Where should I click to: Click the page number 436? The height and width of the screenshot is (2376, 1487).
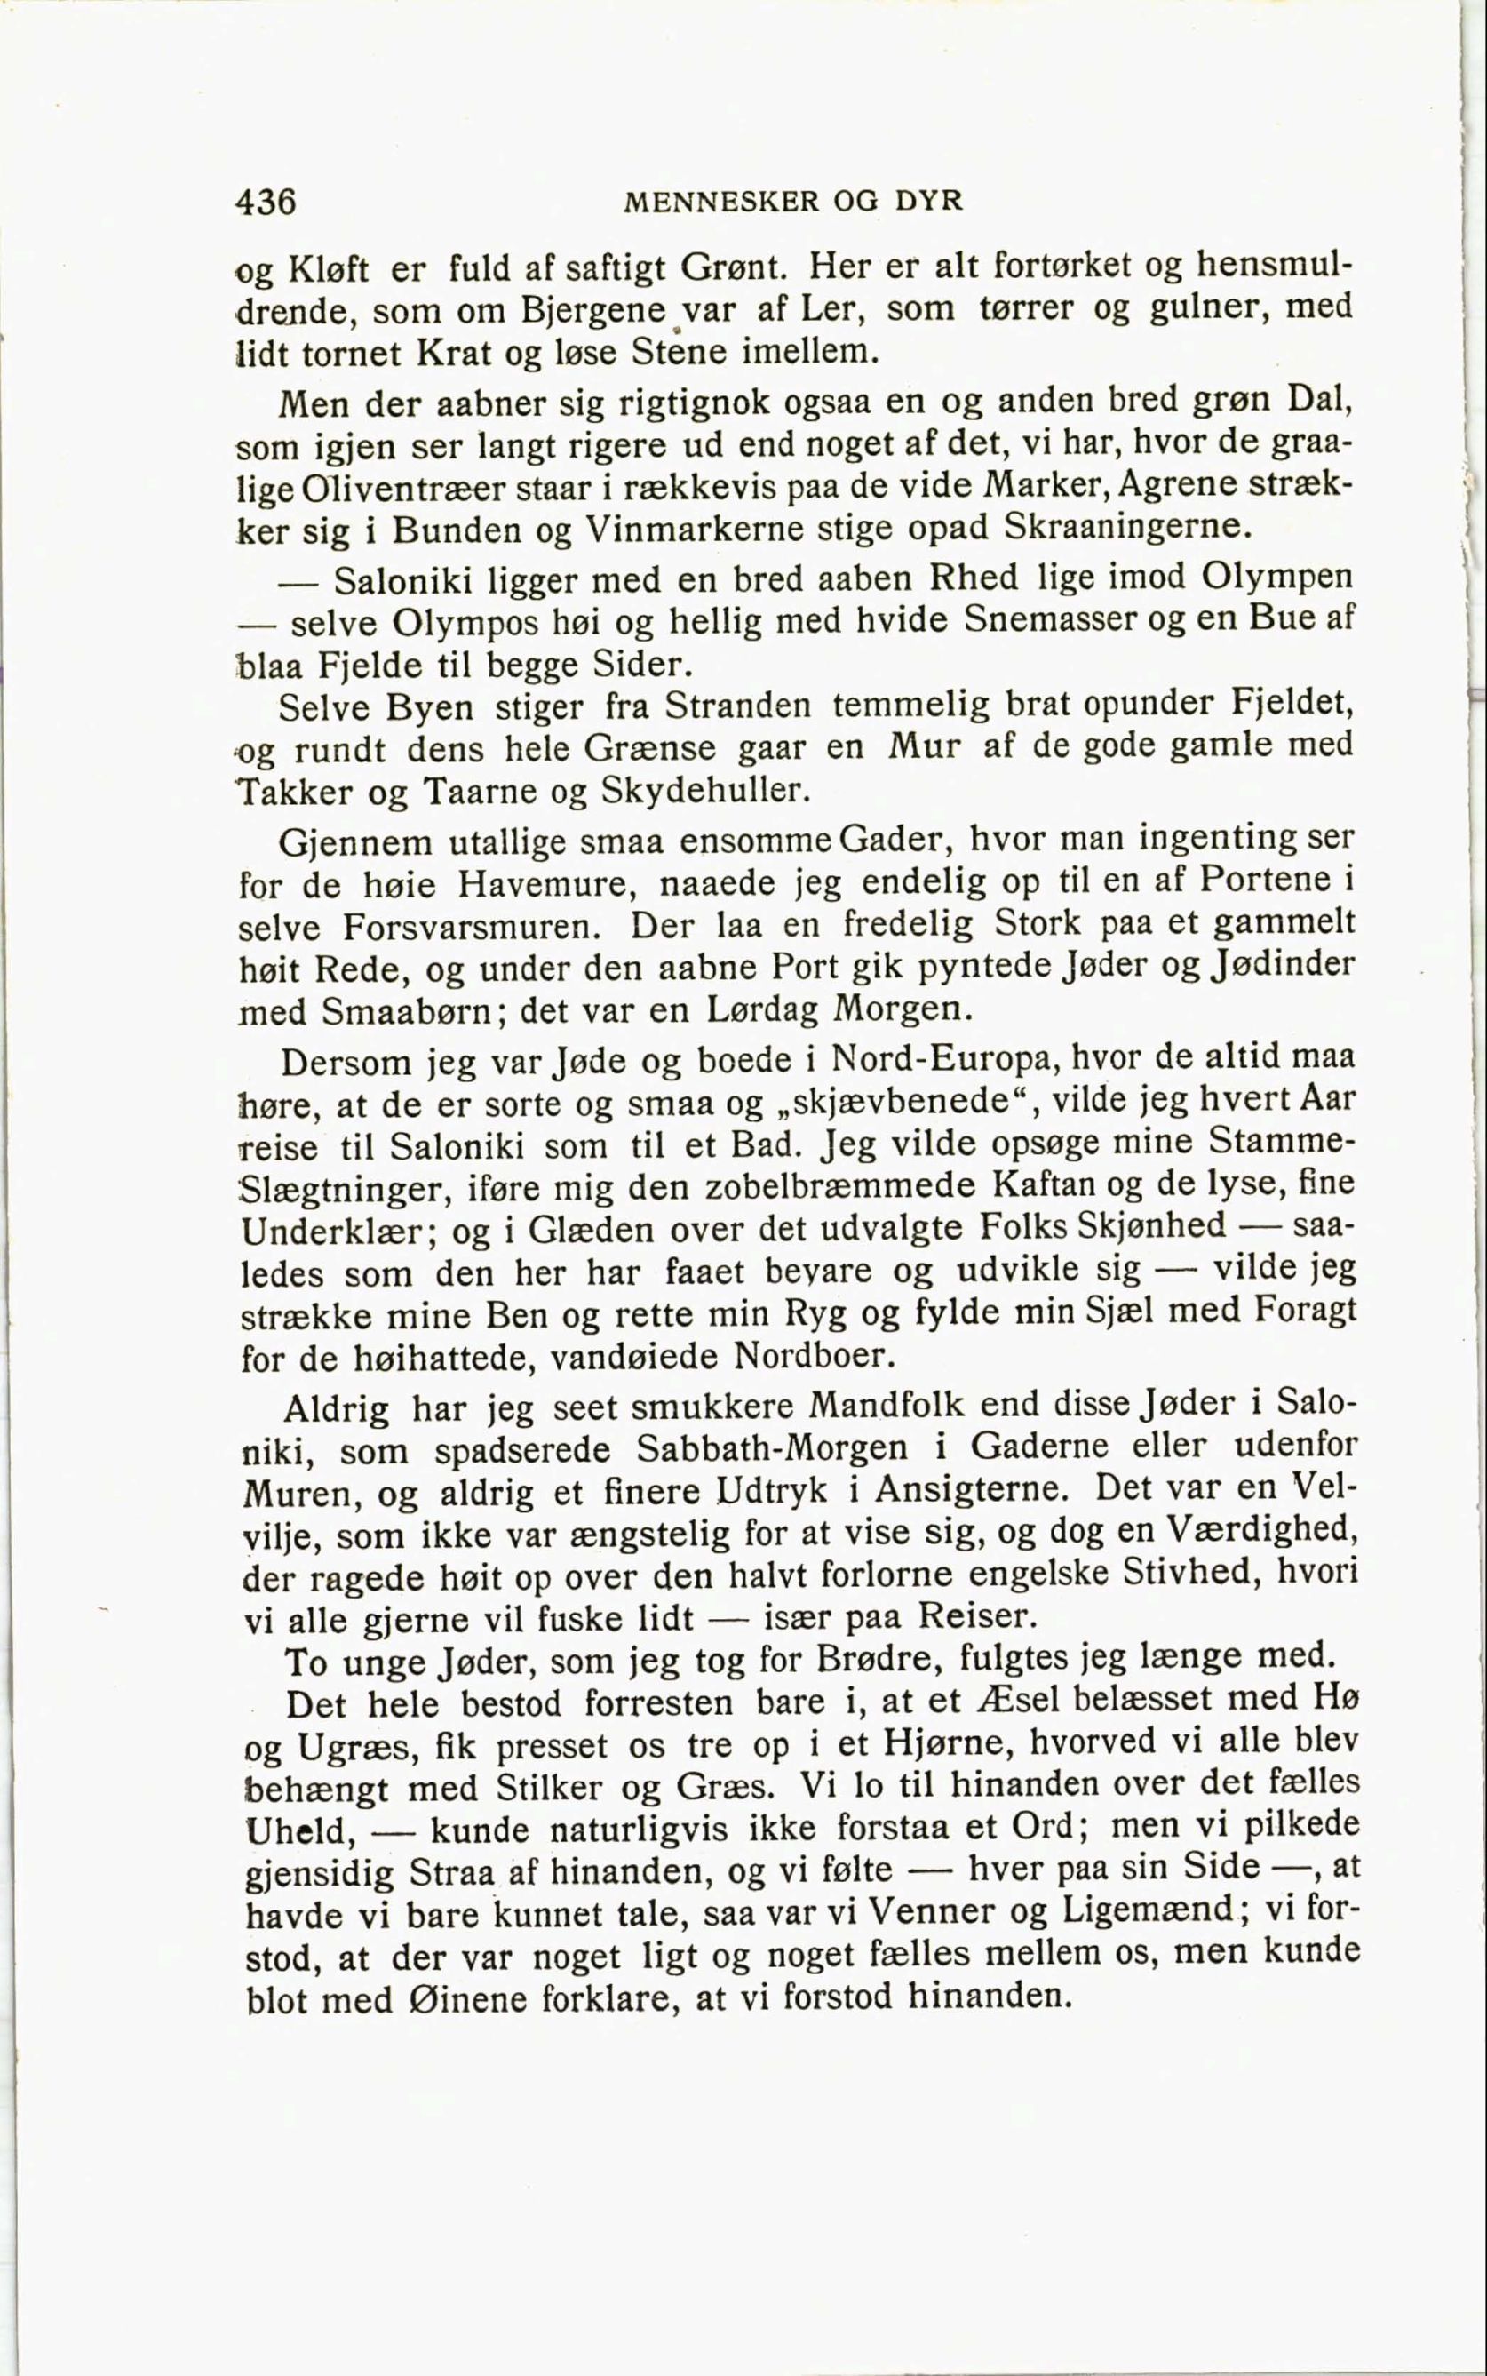point(266,201)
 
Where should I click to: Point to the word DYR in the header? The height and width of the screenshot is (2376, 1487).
point(928,201)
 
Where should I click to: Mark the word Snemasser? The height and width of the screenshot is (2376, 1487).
point(1047,618)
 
